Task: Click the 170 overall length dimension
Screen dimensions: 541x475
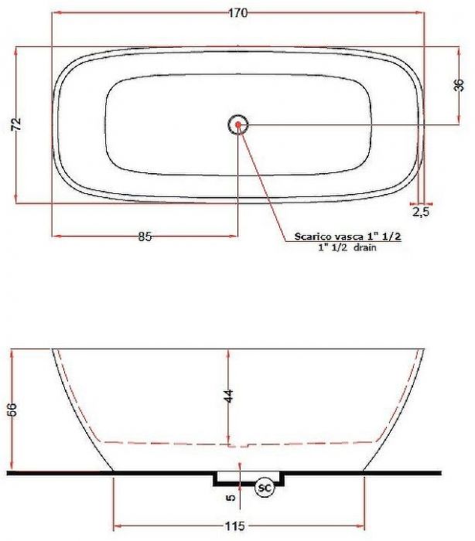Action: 237,12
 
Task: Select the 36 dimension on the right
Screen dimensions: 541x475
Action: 458,85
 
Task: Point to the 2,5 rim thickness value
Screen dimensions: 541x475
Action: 421,211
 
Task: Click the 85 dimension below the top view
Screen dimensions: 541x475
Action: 145,237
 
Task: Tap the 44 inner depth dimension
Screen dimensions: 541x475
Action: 229,396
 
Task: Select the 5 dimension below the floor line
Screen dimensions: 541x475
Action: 230,498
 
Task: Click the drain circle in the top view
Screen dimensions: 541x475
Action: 237,124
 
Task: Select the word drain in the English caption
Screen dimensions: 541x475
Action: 364,249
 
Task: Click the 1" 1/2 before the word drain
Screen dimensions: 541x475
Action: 333,249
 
